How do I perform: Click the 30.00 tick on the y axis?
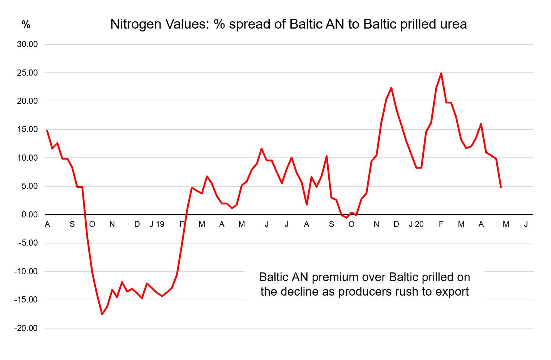point(27,45)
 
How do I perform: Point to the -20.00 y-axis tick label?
point(26,328)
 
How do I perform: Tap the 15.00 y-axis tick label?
point(27,130)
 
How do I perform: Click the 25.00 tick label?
point(27,73)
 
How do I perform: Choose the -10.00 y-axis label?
point(26,271)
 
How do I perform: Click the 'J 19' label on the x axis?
point(157,224)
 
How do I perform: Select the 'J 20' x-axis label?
point(416,224)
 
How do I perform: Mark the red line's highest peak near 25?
point(441,73)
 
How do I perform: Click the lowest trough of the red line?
point(102,314)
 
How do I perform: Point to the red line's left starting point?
point(47,131)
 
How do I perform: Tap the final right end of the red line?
point(501,187)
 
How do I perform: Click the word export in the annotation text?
point(452,292)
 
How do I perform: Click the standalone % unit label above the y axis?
point(26,25)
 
